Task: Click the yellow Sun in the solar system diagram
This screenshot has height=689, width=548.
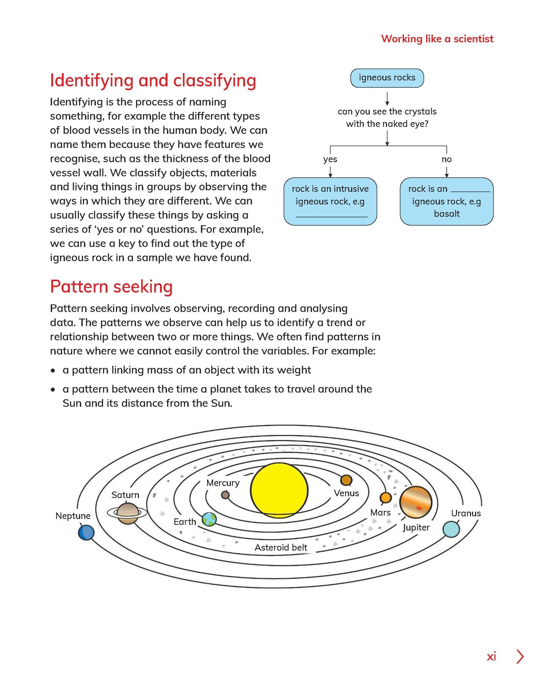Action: [279, 490]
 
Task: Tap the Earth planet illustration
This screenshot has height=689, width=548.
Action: [209, 519]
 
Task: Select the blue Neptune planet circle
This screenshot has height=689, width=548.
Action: [86, 532]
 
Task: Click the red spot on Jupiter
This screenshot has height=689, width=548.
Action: [419, 508]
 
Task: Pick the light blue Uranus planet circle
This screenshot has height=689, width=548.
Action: [451, 529]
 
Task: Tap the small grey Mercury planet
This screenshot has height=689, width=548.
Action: [225, 495]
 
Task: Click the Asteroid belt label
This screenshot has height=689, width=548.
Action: [281, 547]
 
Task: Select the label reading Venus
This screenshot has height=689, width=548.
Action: [346, 493]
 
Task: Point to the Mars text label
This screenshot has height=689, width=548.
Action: [380, 513]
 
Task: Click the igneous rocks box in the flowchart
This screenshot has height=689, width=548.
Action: [387, 78]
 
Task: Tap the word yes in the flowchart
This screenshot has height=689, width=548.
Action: [330, 160]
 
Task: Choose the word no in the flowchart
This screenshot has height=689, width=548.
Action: [446, 160]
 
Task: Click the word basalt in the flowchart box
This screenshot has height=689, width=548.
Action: [447, 214]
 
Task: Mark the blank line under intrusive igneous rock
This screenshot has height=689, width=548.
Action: [331, 217]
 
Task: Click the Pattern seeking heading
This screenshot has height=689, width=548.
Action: [111, 287]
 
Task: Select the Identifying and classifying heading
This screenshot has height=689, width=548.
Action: [153, 81]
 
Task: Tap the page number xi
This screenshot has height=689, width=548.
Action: [491, 657]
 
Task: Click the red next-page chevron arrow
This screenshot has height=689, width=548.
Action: [520, 657]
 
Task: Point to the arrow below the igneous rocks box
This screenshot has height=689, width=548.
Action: [387, 98]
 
